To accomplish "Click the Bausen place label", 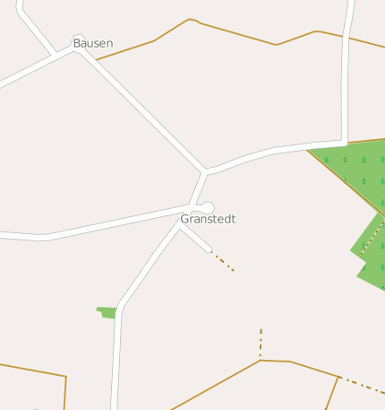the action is pyautogui.click(x=92, y=43).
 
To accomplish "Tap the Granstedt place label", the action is pyautogui.click(x=208, y=219).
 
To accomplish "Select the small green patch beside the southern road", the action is pyautogui.click(x=107, y=312).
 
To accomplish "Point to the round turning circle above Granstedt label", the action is pyautogui.click(x=208, y=207).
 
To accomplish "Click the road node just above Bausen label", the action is pyautogui.click(x=78, y=39).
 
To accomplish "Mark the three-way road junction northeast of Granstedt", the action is pyautogui.click(x=206, y=170).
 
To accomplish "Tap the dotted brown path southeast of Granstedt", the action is pyautogui.click(x=223, y=261).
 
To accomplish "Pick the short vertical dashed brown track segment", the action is pyautogui.click(x=261, y=344).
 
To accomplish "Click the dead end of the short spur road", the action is pyautogui.click(x=210, y=249).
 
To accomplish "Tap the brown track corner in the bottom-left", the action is pyautogui.click(x=65, y=377).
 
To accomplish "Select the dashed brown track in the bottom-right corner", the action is pyautogui.click(x=363, y=384).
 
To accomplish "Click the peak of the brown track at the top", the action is pyautogui.click(x=190, y=19).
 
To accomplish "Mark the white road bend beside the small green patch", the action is pyautogui.click(x=120, y=310).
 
